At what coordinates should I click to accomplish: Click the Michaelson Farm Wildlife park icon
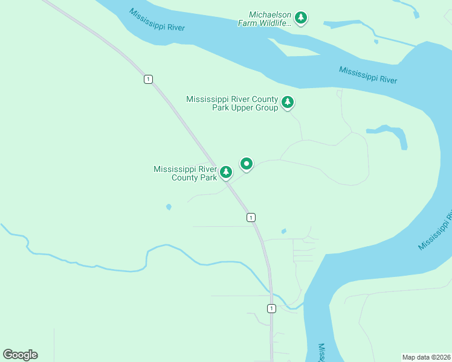tap(301, 18)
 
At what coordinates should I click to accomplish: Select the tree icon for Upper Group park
tap(288, 103)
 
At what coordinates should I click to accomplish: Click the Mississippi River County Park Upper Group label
tap(232, 103)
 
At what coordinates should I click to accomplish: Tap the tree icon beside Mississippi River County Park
tap(226, 173)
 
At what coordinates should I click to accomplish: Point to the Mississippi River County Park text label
tap(185, 173)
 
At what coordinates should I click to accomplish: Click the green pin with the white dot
tap(247, 164)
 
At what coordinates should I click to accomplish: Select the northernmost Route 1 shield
tap(148, 79)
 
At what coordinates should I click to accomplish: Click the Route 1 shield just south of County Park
tap(251, 217)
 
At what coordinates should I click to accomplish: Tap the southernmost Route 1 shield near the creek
tap(271, 308)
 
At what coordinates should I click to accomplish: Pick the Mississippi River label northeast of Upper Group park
tap(367, 75)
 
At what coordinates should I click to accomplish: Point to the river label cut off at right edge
tap(435, 230)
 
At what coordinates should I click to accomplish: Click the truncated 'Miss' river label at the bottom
tap(321, 352)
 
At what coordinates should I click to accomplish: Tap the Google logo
tap(20, 355)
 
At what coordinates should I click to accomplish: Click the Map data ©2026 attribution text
tap(426, 357)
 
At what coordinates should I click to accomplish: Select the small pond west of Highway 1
tap(169, 207)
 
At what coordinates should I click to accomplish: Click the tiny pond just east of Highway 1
tap(283, 231)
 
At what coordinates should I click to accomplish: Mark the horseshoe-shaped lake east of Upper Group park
tap(390, 134)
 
